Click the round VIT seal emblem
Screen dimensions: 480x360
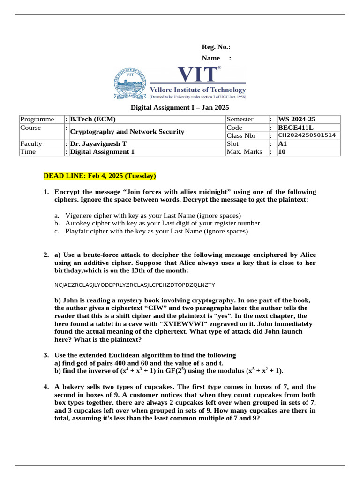[x=130, y=84]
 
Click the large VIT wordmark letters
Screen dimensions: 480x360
[x=197, y=75]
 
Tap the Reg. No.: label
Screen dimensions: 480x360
[x=216, y=47]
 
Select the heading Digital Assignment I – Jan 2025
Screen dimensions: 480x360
[x=180, y=107]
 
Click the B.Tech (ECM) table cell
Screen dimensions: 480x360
[x=93, y=120]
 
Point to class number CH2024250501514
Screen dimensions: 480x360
[x=307, y=135]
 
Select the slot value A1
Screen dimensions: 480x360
[x=283, y=144]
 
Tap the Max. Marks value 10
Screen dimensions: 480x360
[x=282, y=152]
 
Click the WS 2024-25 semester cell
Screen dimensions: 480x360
[x=297, y=120]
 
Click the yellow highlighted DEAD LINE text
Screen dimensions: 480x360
[x=99, y=176]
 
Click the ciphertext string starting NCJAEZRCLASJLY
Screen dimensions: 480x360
[x=135, y=285]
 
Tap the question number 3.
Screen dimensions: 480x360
[x=46, y=355]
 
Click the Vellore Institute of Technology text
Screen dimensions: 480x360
[x=197, y=90]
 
